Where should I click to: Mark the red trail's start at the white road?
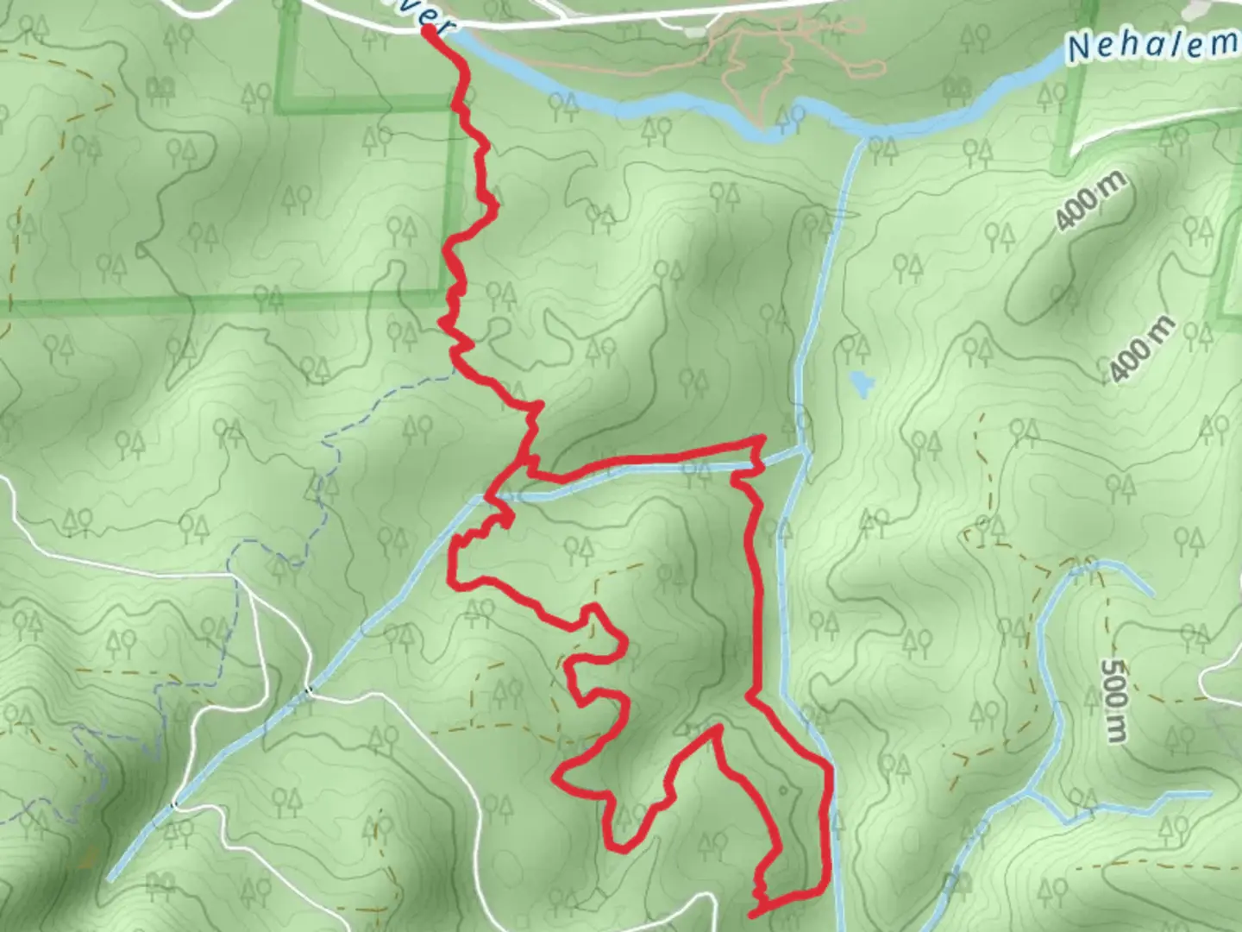429,31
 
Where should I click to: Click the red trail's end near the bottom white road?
754,912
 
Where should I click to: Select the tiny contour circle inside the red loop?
782,789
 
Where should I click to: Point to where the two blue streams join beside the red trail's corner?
804,450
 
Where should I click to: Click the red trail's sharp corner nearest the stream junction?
762,441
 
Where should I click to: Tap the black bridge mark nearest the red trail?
308,690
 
